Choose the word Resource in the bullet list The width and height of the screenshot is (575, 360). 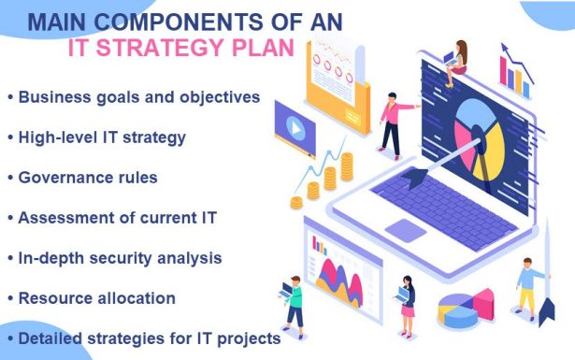59,297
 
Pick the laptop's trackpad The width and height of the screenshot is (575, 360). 406,229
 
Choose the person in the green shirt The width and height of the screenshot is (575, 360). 293,303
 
